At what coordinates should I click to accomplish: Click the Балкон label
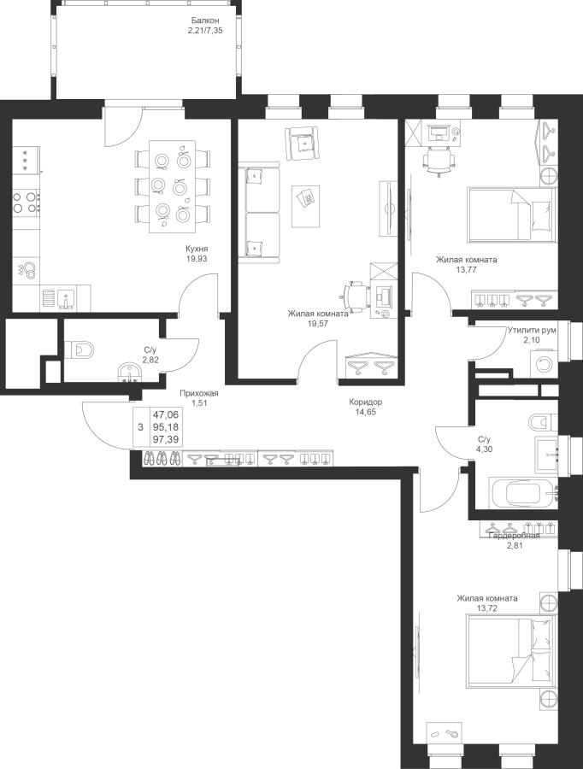(205, 21)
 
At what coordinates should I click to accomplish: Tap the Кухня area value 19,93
(197, 259)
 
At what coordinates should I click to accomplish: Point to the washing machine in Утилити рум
(545, 364)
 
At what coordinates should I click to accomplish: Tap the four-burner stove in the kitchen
(26, 202)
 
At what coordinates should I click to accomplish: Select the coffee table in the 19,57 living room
(306, 206)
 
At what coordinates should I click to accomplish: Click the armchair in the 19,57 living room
(301, 143)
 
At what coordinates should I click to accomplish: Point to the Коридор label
(366, 402)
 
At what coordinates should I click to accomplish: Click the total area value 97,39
(165, 439)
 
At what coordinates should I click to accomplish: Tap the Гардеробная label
(515, 536)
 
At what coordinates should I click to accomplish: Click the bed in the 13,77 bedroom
(512, 214)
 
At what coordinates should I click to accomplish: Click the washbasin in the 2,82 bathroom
(130, 373)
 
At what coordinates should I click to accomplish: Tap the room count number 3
(140, 427)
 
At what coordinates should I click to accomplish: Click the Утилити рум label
(532, 331)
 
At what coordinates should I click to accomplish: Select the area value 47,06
(165, 414)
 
